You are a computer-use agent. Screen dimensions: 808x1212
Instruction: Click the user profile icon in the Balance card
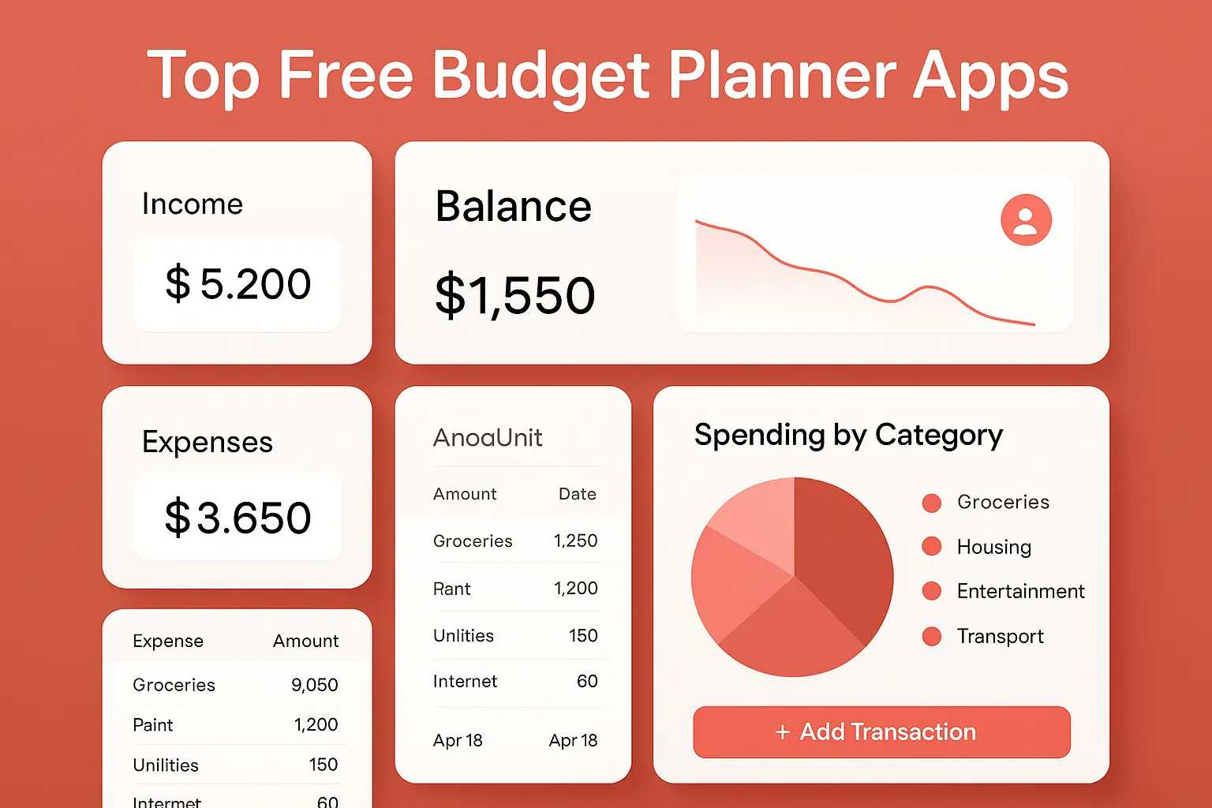coord(1026,219)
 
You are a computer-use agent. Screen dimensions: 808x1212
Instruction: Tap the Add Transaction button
coord(881,732)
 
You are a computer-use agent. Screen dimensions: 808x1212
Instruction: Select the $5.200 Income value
coord(238,284)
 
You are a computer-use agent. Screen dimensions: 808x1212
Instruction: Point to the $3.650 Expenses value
coord(238,518)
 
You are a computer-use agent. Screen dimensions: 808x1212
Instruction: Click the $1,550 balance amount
coord(514,295)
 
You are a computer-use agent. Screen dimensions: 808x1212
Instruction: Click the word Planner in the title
coord(782,77)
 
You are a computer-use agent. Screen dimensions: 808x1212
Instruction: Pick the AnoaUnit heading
coord(488,437)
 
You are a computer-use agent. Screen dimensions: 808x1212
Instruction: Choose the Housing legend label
coord(993,547)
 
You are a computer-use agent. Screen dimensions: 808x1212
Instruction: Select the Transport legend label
coord(1000,636)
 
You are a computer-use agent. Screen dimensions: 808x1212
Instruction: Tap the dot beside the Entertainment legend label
coord(932,591)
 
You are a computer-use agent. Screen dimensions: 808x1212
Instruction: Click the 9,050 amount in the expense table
coord(314,685)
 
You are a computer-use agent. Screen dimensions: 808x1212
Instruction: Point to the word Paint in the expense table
coord(153,725)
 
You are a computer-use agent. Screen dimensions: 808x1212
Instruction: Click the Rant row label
coord(451,589)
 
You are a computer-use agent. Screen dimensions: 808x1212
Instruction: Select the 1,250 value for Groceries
coord(575,541)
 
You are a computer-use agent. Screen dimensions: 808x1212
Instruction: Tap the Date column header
coord(577,494)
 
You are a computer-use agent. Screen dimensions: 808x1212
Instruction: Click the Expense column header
coord(168,641)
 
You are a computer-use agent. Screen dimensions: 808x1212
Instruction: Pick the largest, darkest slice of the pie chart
coord(840,552)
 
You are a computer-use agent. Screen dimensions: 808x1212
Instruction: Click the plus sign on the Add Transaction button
coord(782,732)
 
